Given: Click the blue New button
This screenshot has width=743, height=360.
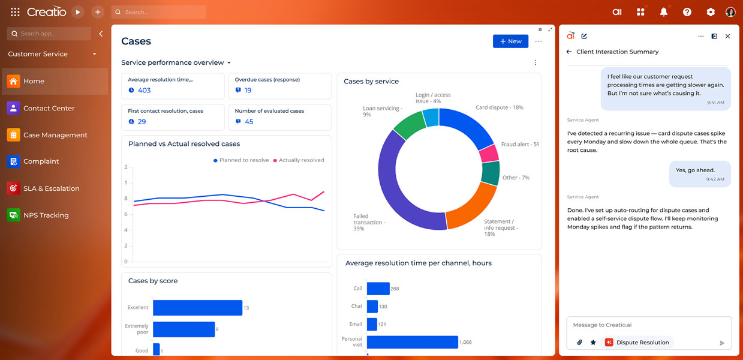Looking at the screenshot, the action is click(510, 41).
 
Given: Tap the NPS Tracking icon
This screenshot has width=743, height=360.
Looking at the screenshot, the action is click(13, 215).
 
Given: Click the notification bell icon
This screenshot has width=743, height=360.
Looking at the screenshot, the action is click(663, 12).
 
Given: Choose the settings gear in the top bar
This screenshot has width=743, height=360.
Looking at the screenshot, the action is click(711, 12).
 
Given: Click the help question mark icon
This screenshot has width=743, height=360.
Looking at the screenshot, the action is click(687, 12).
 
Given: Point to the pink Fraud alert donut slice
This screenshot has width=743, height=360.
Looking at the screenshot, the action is click(489, 153).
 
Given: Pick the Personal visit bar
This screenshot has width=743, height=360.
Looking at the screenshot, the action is click(413, 342).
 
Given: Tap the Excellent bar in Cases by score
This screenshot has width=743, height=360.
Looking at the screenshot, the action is click(197, 308).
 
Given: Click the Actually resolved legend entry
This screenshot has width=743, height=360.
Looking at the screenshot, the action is click(299, 160).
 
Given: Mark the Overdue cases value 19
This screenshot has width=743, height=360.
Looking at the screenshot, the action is click(248, 90).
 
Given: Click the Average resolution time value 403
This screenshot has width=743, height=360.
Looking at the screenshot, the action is click(144, 90).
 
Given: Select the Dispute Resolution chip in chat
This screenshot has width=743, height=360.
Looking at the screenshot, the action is click(637, 343).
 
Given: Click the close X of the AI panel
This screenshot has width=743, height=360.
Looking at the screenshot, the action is click(727, 36).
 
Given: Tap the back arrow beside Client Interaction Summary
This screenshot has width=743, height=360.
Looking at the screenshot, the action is click(569, 52).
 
